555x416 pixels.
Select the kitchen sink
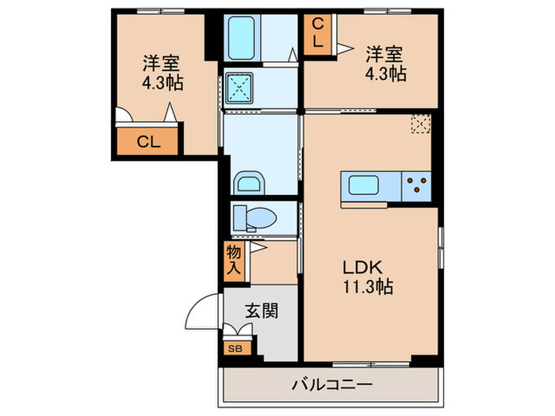point(369,187)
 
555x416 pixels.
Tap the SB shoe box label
point(235,347)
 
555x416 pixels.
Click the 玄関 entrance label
point(261,311)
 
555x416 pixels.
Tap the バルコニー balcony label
point(332,386)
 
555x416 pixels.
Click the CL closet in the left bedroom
point(147,143)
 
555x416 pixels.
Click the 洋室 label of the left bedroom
point(163,62)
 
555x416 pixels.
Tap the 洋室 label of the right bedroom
point(384,55)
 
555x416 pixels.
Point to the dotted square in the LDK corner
point(420,123)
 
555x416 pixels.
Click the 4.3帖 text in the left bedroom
point(163,82)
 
